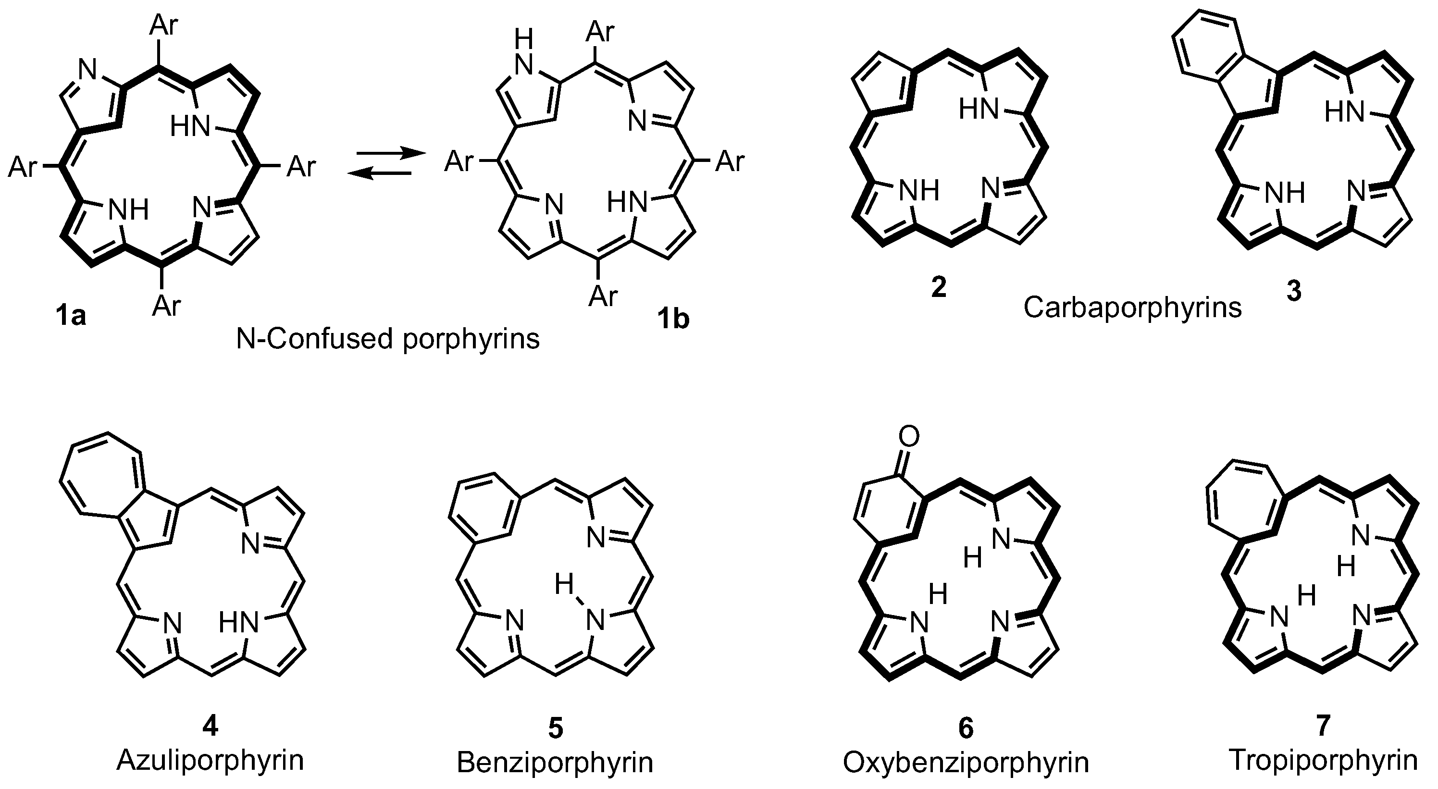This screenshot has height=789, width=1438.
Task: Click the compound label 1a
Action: pos(71,316)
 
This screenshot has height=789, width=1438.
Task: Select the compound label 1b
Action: pos(673,319)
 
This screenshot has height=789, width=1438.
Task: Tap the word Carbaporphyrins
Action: pos(1133,308)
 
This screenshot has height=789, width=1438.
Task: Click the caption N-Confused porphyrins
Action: pos(388,339)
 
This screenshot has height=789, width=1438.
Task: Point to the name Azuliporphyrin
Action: pos(210,760)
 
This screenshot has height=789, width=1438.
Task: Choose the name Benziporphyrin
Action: pos(555,762)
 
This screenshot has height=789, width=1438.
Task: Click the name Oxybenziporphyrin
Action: pos(966,762)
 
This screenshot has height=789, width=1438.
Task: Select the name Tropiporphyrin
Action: pos(1323,760)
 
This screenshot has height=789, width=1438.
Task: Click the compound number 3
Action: pos(1293,290)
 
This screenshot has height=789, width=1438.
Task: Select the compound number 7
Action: pos(1323,726)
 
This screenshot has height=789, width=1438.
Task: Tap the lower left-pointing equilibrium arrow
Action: pos(379,174)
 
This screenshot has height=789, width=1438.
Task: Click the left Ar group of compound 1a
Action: pos(23,167)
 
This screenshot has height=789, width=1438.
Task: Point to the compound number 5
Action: pos(555,728)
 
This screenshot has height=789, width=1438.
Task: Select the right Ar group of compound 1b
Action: pos(730,162)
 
